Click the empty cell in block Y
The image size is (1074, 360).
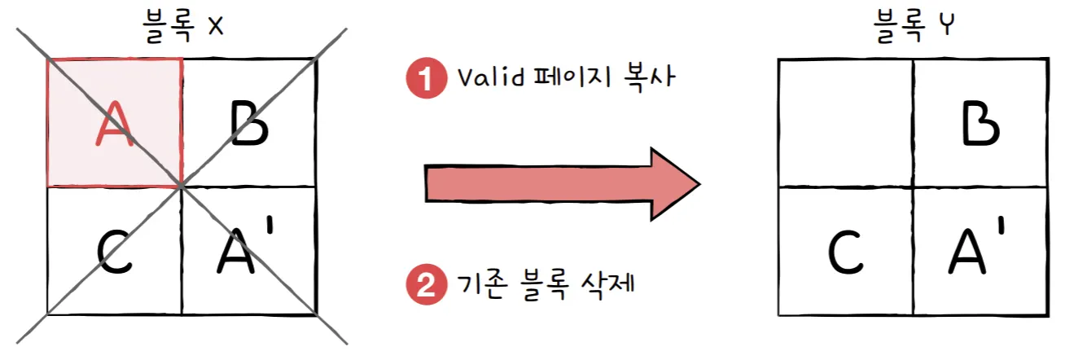pyautogui.click(x=845, y=124)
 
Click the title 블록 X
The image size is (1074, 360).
pyautogui.click(x=181, y=26)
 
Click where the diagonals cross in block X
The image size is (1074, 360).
pyautogui.click(x=181, y=187)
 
